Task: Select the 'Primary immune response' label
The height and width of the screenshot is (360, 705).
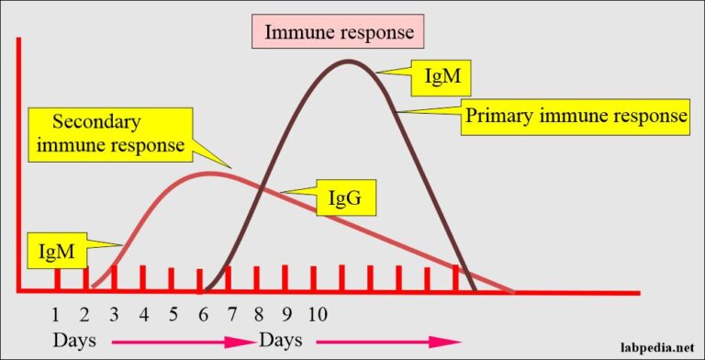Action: (x=576, y=117)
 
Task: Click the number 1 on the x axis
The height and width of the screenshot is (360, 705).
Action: (x=56, y=315)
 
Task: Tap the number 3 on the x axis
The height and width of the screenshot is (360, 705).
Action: (x=114, y=315)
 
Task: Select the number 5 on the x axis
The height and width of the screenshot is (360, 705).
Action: (x=172, y=315)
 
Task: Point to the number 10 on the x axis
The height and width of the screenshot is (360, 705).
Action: (x=317, y=315)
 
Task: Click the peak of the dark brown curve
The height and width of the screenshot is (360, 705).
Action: (x=349, y=62)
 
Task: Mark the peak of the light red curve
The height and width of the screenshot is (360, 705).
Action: (x=210, y=172)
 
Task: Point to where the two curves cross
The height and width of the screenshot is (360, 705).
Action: (x=263, y=190)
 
